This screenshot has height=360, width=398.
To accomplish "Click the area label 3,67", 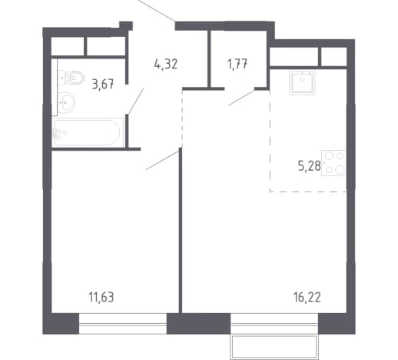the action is pos(103,84).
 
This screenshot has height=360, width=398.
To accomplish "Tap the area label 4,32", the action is pos(166,64).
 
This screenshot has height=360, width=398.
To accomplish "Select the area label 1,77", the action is pos(237,64).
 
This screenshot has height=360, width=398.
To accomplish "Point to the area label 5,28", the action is pos(310,166).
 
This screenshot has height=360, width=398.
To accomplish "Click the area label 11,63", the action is pos(101,297).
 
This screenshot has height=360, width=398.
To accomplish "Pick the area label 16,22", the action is pos(307,297).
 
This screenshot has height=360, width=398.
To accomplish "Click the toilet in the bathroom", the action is pos(71,77).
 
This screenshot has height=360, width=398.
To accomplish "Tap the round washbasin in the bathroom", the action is pos(66,102).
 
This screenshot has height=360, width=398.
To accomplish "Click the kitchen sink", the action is pos(302,82).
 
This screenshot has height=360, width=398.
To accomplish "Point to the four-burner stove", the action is pos(333,163).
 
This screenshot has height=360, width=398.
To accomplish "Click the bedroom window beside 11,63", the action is pos(123,324).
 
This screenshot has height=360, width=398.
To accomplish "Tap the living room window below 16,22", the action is pos(274,324).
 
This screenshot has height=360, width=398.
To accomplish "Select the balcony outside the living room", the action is pos(274,347).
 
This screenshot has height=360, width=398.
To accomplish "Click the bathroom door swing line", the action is pos(136,102).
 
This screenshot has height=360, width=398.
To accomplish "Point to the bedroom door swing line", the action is pos(162,161).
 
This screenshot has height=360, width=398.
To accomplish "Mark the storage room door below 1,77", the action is pos(241,98).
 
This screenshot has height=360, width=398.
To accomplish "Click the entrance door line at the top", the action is pos(156,10).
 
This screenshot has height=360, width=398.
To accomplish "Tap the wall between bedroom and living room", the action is pos(181,230).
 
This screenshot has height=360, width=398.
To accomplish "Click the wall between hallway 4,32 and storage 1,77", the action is pos(209,59).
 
